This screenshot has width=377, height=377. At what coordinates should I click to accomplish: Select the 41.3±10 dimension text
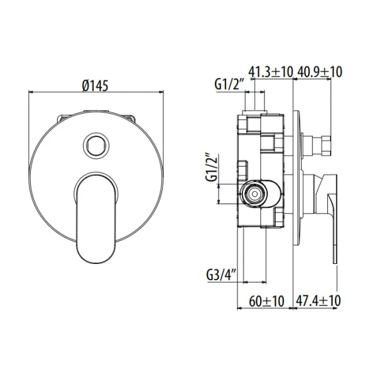(x=271, y=72)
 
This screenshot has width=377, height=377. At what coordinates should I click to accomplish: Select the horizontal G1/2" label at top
(x=227, y=84)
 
